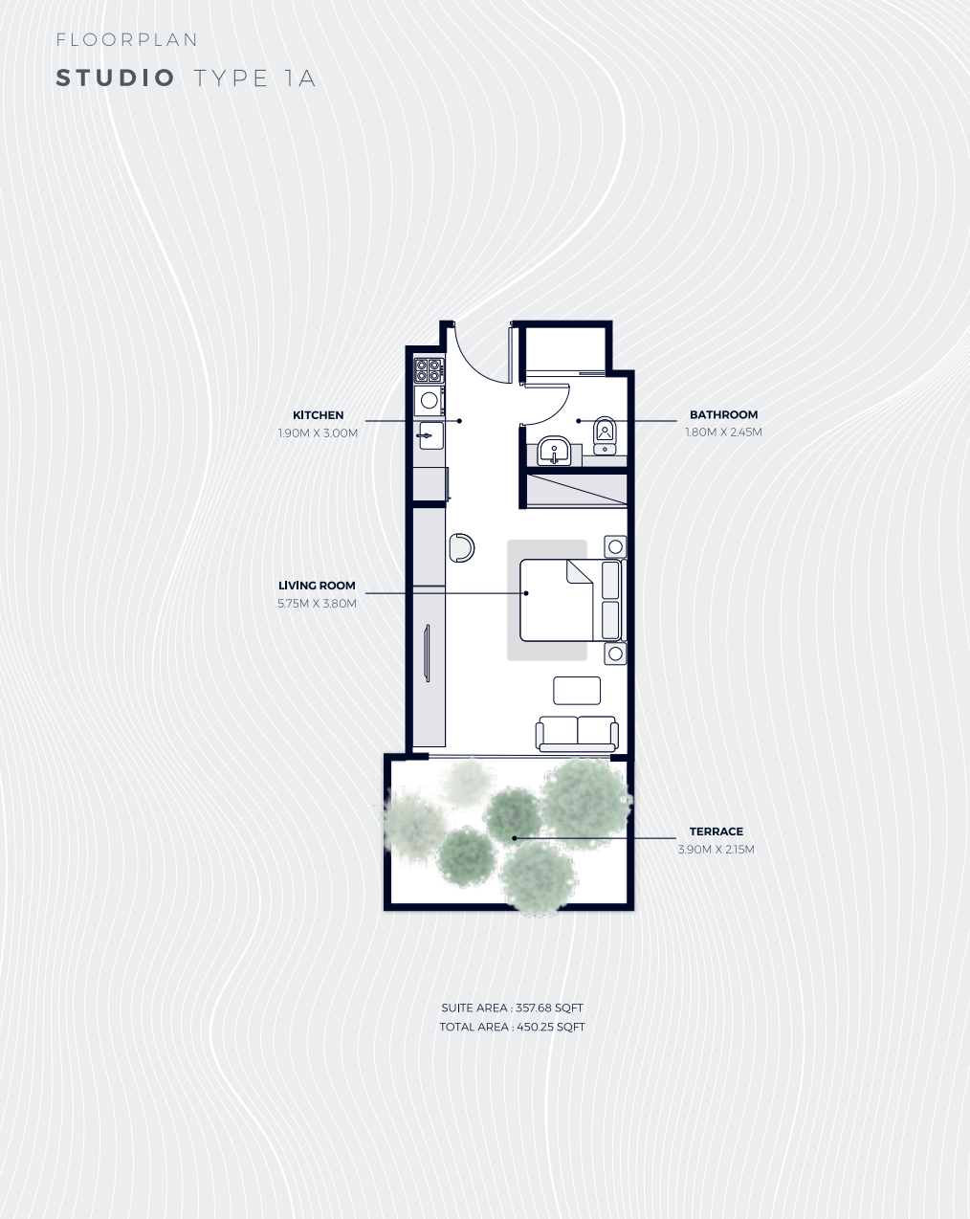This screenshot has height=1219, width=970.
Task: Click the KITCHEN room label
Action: [318, 415]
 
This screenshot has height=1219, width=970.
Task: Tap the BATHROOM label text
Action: [723, 414]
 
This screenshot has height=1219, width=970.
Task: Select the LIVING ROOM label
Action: [317, 586]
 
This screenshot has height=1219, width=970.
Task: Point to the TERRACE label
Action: [716, 831]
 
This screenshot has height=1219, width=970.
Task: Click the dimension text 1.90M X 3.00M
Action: [318, 432]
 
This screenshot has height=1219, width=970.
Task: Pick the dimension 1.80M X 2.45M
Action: [723, 432]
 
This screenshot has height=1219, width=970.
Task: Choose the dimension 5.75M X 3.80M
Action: [317, 603]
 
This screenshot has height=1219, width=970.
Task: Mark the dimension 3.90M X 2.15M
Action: [716, 849]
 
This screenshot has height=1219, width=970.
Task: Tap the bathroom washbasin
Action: [554, 450]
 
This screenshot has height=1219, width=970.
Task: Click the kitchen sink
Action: [430, 435]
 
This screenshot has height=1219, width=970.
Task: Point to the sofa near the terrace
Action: [577, 733]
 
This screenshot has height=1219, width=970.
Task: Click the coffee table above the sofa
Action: [577, 690]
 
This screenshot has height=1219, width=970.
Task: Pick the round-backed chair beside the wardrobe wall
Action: [461, 547]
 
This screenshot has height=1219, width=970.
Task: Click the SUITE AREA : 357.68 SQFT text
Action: [512, 1008]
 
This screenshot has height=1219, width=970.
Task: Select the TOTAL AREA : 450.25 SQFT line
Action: [512, 1027]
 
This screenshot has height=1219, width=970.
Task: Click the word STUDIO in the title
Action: [116, 78]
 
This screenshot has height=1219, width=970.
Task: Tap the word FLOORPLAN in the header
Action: [127, 40]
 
